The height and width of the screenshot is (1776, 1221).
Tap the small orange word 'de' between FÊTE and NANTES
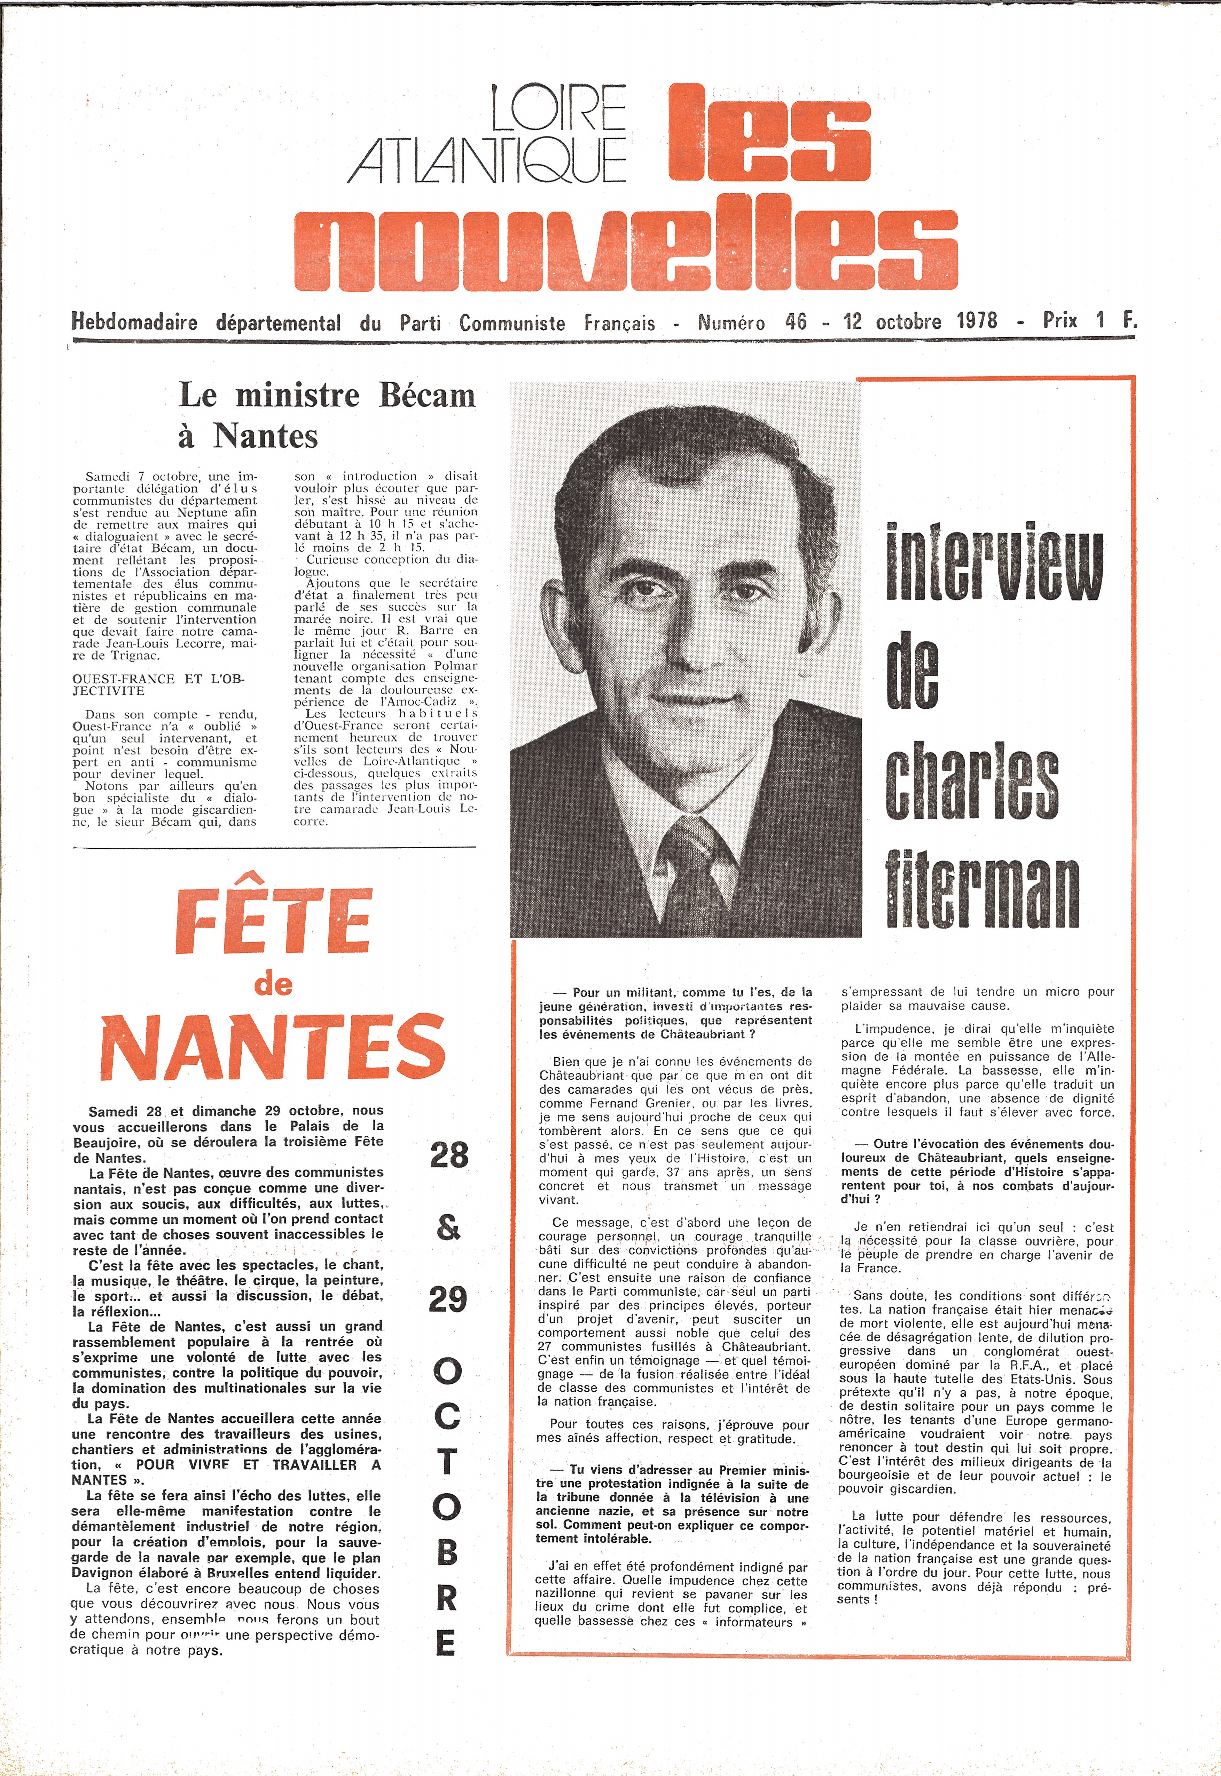coord(273,984)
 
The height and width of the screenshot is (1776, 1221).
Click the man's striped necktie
coord(696,872)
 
